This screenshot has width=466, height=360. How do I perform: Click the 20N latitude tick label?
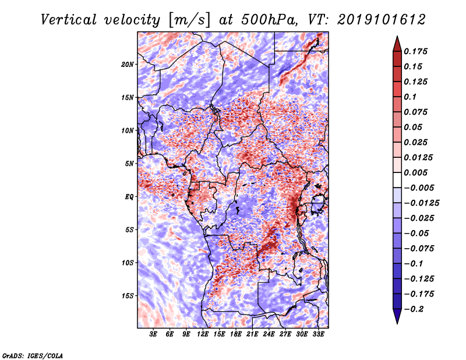click(x=128, y=65)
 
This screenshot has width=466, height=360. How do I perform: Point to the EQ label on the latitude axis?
click(x=129, y=197)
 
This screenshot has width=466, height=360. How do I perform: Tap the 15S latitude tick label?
click(x=128, y=296)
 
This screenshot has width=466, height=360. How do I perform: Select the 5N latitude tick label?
click(x=129, y=164)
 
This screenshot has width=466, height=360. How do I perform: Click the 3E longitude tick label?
click(x=153, y=334)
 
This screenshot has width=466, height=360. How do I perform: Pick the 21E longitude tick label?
click(x=252, y=334)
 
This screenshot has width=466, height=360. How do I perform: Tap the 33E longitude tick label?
click(x=318, y=334)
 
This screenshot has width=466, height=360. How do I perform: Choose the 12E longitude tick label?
click(x=202, y=334)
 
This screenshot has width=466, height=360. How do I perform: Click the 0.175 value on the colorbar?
click(x=415, y=51)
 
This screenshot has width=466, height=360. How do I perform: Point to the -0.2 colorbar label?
click(x=414, y=309)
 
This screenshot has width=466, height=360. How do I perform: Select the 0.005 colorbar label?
click(x=415, y=172)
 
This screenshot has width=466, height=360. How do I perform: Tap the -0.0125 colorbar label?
click(x=421, y=203)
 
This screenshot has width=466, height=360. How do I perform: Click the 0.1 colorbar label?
click(x=410, y=97)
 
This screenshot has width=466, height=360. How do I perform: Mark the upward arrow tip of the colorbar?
click(x=397, y=36)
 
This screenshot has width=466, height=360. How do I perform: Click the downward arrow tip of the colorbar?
click(x=397, y=323)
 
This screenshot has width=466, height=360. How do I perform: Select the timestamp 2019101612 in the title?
click(x=382, y=20)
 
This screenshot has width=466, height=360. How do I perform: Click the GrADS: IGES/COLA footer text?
click(x=33, y=356)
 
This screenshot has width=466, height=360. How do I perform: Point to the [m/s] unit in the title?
click(x=189, y=20)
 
